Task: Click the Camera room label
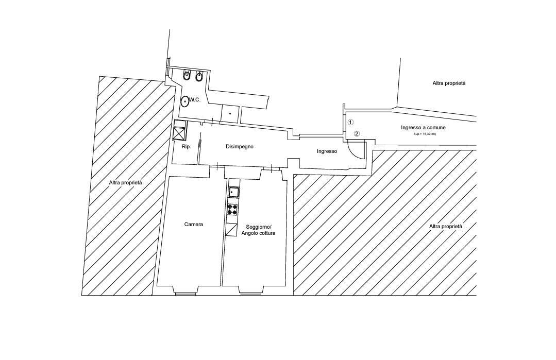(x=194, y=224)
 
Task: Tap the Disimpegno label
(x=240, y=147)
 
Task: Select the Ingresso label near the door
(x=327, y=151)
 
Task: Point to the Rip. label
(x=186, y=146)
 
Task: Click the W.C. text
(x=195, y=100)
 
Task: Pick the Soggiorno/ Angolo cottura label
(x=258, y=230)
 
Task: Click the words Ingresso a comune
(x=424, y=128)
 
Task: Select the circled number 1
(x=350, y=122)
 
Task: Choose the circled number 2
(x=357, y=133)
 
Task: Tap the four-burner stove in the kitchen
(x=232, y=209)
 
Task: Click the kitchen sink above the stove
(x=233, y=193)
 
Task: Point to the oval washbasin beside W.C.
(x=185, y=101)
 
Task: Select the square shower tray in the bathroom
(x=230, y=114)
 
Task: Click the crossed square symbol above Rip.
(x=179, y=133)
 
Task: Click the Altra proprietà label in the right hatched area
(x=446, y=226)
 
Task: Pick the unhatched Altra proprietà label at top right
(x=449, y=83)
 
